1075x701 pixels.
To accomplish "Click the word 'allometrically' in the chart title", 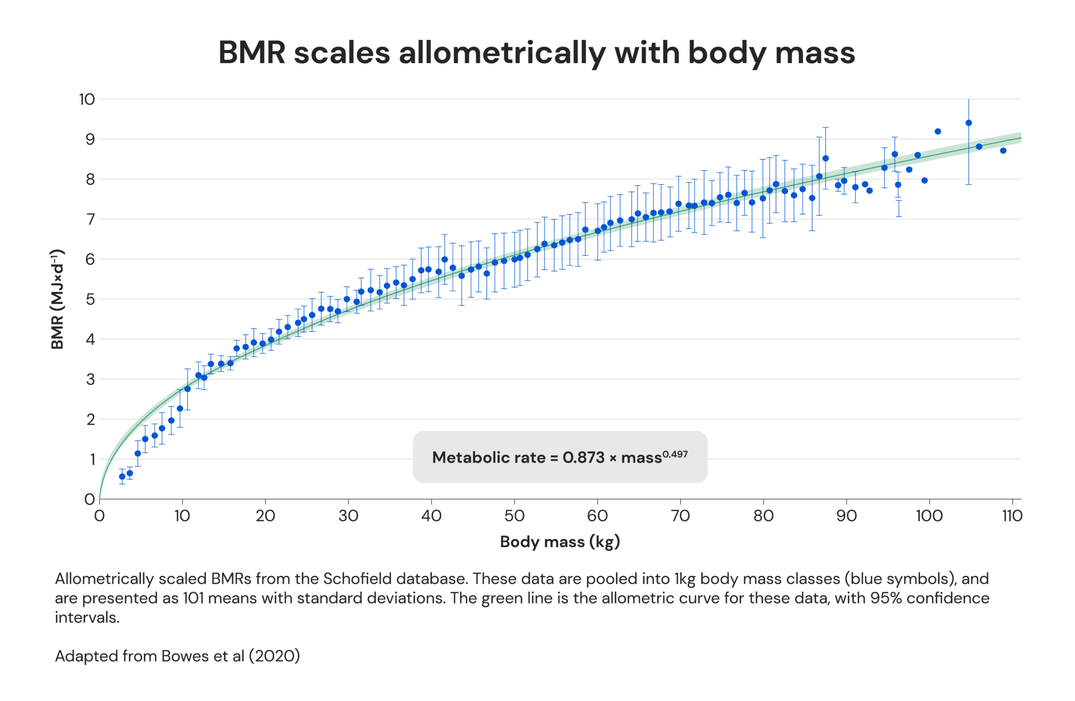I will pos(501,53).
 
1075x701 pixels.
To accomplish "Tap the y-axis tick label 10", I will pos(87,99).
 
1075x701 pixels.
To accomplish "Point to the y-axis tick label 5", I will pos(90,299).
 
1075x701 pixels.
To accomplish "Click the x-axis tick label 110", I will pos(1011,516).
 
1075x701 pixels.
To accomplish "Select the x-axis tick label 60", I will pos(597,516).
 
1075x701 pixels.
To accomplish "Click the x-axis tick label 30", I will pos(348,516).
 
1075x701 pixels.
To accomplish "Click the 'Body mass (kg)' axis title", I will pos(560,542).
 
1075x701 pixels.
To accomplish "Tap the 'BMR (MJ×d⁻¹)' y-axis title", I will pos(57,299).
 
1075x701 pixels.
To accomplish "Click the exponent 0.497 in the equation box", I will pos(674,454).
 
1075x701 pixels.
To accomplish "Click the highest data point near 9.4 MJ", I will pos(968,123).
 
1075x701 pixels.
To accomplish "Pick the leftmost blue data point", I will pos(122,477).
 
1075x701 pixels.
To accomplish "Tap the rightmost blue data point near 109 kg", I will pos(1003,151).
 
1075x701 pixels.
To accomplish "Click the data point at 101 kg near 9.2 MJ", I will pos(938,131).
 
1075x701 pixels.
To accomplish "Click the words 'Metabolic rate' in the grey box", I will pos(488,458).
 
